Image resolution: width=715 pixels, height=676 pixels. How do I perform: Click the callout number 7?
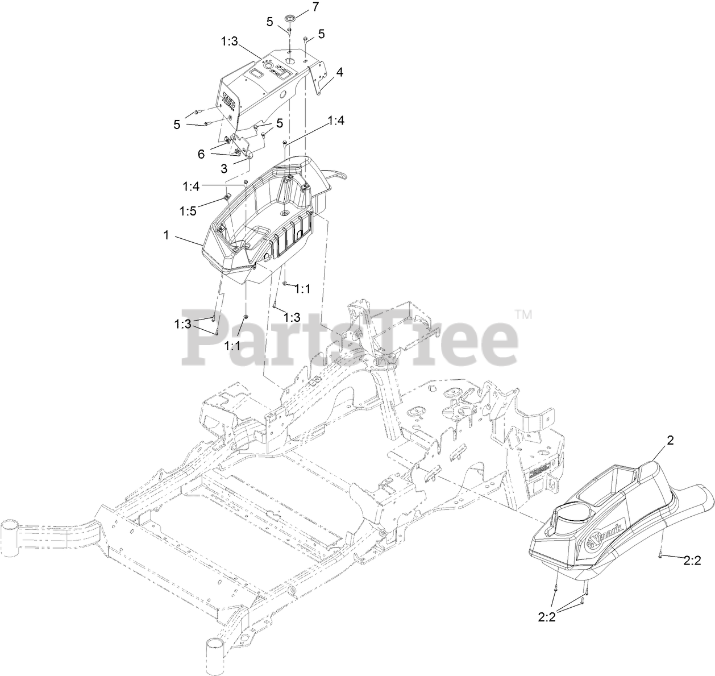click(316, 7)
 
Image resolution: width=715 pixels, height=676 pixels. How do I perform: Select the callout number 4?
click(339, 72)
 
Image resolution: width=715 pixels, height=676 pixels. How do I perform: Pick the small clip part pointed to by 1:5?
click(226, 197)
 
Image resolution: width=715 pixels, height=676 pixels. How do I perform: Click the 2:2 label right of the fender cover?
click(691, 561)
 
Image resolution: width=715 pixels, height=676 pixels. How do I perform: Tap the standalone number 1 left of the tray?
click(167, 235)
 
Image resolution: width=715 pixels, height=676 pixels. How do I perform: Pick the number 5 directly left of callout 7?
click(270, 22)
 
